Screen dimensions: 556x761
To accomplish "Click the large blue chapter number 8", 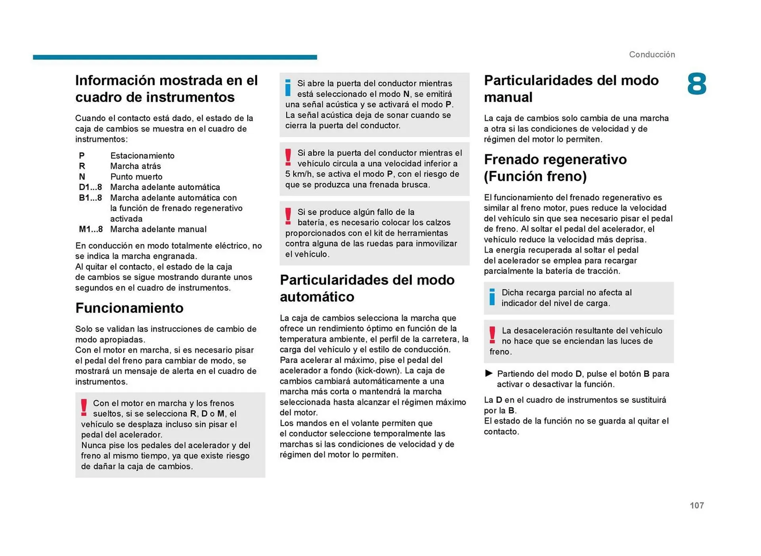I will (696, 84).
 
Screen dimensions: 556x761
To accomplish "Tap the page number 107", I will (696, 505).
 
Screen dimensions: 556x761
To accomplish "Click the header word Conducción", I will (652, 55).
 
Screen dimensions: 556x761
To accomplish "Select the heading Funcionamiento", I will (129, 308).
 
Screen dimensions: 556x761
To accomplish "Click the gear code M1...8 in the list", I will (90, 229).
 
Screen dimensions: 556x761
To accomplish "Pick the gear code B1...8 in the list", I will (90, 197).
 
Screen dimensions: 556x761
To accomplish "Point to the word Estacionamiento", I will (142, 155).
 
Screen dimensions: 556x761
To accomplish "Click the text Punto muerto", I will (136, 176).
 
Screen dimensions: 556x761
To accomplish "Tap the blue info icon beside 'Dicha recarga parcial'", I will (492, 297).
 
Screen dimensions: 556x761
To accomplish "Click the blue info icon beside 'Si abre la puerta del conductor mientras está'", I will (288, 88).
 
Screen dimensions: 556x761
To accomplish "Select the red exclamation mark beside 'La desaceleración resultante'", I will (492, 335).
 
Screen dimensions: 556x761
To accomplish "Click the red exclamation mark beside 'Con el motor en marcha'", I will (84, 408).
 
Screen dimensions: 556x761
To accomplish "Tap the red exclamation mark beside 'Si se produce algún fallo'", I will (288, 217).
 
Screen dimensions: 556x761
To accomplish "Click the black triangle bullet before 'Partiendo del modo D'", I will (489, 373).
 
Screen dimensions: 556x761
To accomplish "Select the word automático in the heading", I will (317, 297).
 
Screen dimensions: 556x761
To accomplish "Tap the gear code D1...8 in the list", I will (90, 187).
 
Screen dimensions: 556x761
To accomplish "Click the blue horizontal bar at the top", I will (175, 57).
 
